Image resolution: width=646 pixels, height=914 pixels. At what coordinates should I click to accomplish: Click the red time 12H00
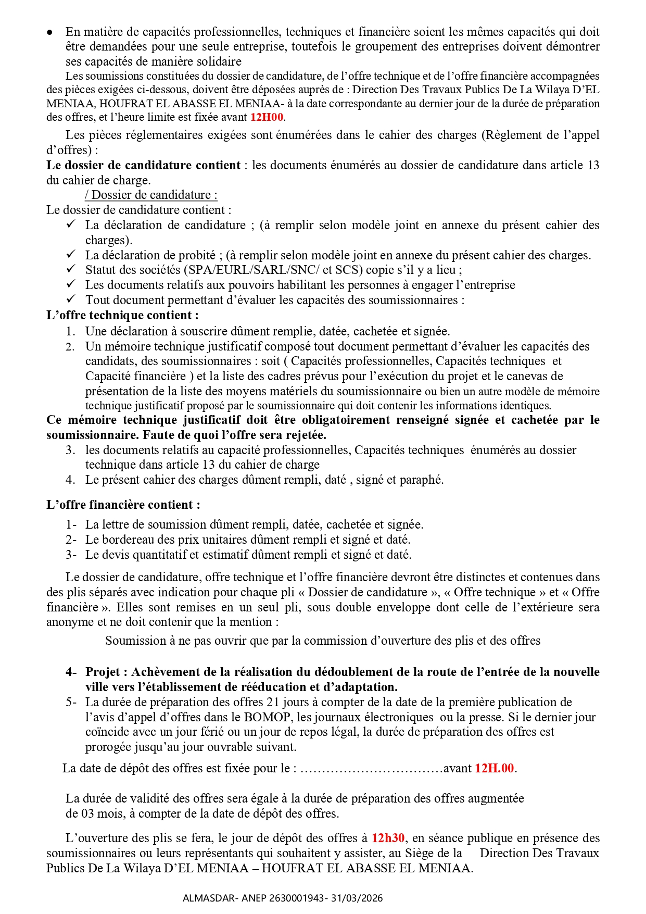267,117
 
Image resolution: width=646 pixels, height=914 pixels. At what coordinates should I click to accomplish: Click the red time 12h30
388,838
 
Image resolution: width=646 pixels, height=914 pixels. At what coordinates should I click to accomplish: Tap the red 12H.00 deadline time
495,768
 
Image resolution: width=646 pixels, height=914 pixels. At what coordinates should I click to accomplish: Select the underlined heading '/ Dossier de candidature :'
151,195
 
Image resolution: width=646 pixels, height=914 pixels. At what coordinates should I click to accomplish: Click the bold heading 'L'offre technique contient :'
122,315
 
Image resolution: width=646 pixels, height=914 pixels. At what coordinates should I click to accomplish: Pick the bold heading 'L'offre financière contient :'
123,505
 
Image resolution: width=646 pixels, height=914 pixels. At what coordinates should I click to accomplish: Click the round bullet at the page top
50,32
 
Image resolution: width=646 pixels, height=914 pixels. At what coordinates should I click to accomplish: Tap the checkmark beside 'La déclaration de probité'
71,254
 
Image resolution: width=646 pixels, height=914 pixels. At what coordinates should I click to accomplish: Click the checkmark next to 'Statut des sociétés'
71,269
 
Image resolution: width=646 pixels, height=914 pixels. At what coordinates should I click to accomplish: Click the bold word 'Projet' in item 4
103,672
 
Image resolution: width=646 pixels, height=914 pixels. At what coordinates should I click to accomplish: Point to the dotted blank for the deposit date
372,769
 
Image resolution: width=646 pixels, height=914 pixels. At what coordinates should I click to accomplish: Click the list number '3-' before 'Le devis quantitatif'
71,555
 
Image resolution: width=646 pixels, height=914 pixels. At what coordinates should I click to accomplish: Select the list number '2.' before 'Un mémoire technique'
70,346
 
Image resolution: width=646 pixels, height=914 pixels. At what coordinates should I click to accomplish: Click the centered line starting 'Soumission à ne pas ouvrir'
323,641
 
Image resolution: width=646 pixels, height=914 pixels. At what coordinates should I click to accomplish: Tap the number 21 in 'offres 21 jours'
273,702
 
